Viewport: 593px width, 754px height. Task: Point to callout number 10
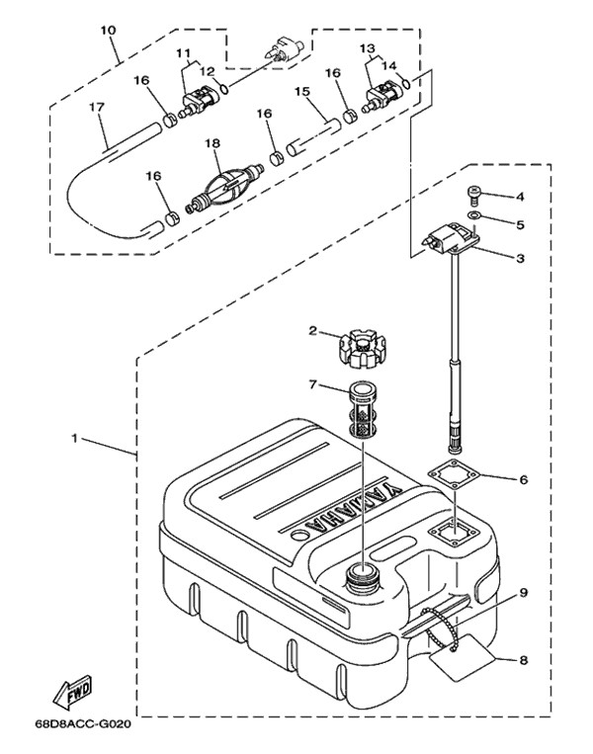pyautogui.click(x=108, y=30)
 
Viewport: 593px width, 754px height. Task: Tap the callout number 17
pyautogui.click(x=96, y=106)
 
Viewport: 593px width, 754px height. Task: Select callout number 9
pyautogui.click(x=523, y=593)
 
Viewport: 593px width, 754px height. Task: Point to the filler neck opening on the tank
pyautogui.click(x=362, y=574)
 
